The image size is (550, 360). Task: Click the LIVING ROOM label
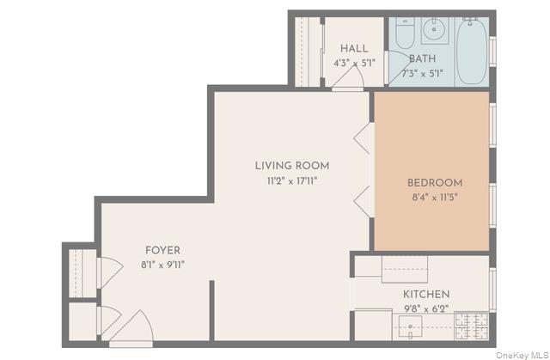coord(291,166)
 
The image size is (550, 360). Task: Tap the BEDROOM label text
coord(434,183)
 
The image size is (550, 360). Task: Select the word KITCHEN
coord(426,294)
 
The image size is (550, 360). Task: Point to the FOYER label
coord(162,251)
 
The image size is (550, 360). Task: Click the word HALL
coord(353,48)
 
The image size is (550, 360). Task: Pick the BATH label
coord(421,59)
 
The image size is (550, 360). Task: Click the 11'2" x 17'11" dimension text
coord(291,180)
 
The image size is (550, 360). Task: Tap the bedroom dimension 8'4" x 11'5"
coord(434,198)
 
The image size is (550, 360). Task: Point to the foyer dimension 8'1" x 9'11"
coord(162,265)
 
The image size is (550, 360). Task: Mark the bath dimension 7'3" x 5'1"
coord(421,73)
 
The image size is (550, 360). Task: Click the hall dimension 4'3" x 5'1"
coord(353,63)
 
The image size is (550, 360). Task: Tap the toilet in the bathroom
coord(406,34)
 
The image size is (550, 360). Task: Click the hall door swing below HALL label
coord(348,81)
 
